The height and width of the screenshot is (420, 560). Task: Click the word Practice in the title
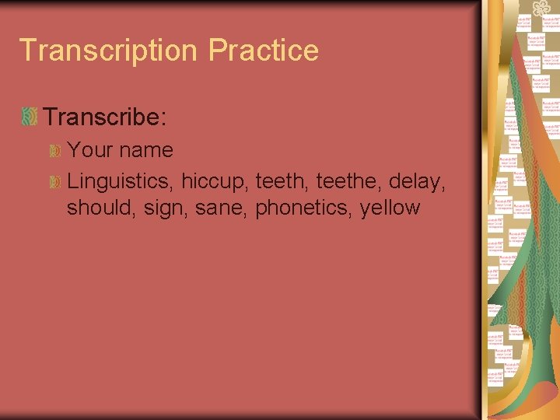pos(264,51)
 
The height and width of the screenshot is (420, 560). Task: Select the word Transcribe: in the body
pos(105,117)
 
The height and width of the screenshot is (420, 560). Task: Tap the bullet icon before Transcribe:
pos(30,117)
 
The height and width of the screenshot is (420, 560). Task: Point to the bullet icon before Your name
pos(55,149)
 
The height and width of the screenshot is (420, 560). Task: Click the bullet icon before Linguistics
pos(55,182)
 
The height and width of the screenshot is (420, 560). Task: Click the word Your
pos(89,149)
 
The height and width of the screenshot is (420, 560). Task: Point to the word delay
pos(418,182)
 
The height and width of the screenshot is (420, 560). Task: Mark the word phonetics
pos(303,208)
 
